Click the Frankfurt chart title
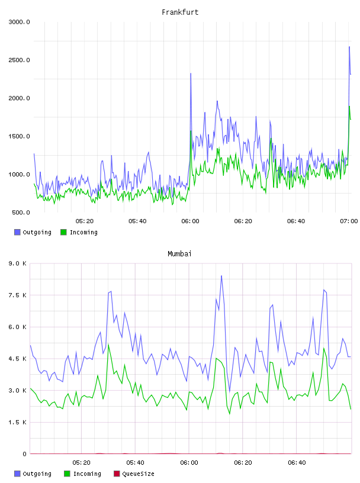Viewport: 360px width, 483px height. pos(180,12)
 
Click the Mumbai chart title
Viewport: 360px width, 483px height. pos(179,254)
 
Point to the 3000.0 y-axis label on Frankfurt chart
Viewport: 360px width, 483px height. pos(19,22)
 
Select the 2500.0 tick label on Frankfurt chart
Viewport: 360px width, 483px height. pos(19,60)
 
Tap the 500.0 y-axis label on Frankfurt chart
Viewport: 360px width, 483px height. pos(21,212)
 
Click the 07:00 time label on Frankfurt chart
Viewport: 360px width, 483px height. pos(349,221)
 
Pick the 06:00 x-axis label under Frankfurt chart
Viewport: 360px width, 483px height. pos(190,221)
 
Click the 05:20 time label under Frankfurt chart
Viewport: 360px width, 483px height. pos(85,221)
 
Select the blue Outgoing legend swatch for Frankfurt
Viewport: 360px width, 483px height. pos(17,232)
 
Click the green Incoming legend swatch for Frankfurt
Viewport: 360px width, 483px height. pos(63,232)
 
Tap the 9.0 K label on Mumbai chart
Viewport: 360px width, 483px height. pos(18,263)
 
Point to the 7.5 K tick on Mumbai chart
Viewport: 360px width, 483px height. pos(18,295)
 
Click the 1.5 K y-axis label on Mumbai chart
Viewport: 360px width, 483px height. pos(18,422)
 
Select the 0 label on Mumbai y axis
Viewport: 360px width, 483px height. pos(24,454)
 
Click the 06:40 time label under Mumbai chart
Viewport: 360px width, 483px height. pos(297,463)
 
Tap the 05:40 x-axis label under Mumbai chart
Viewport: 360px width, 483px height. pos(135,463)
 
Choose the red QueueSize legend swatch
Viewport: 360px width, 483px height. pos(117,474)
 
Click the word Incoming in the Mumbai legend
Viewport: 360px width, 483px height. pos(87,474)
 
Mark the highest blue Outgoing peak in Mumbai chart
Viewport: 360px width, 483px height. pos(221,276)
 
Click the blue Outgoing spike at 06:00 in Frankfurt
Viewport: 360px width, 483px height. pos(191,74)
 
